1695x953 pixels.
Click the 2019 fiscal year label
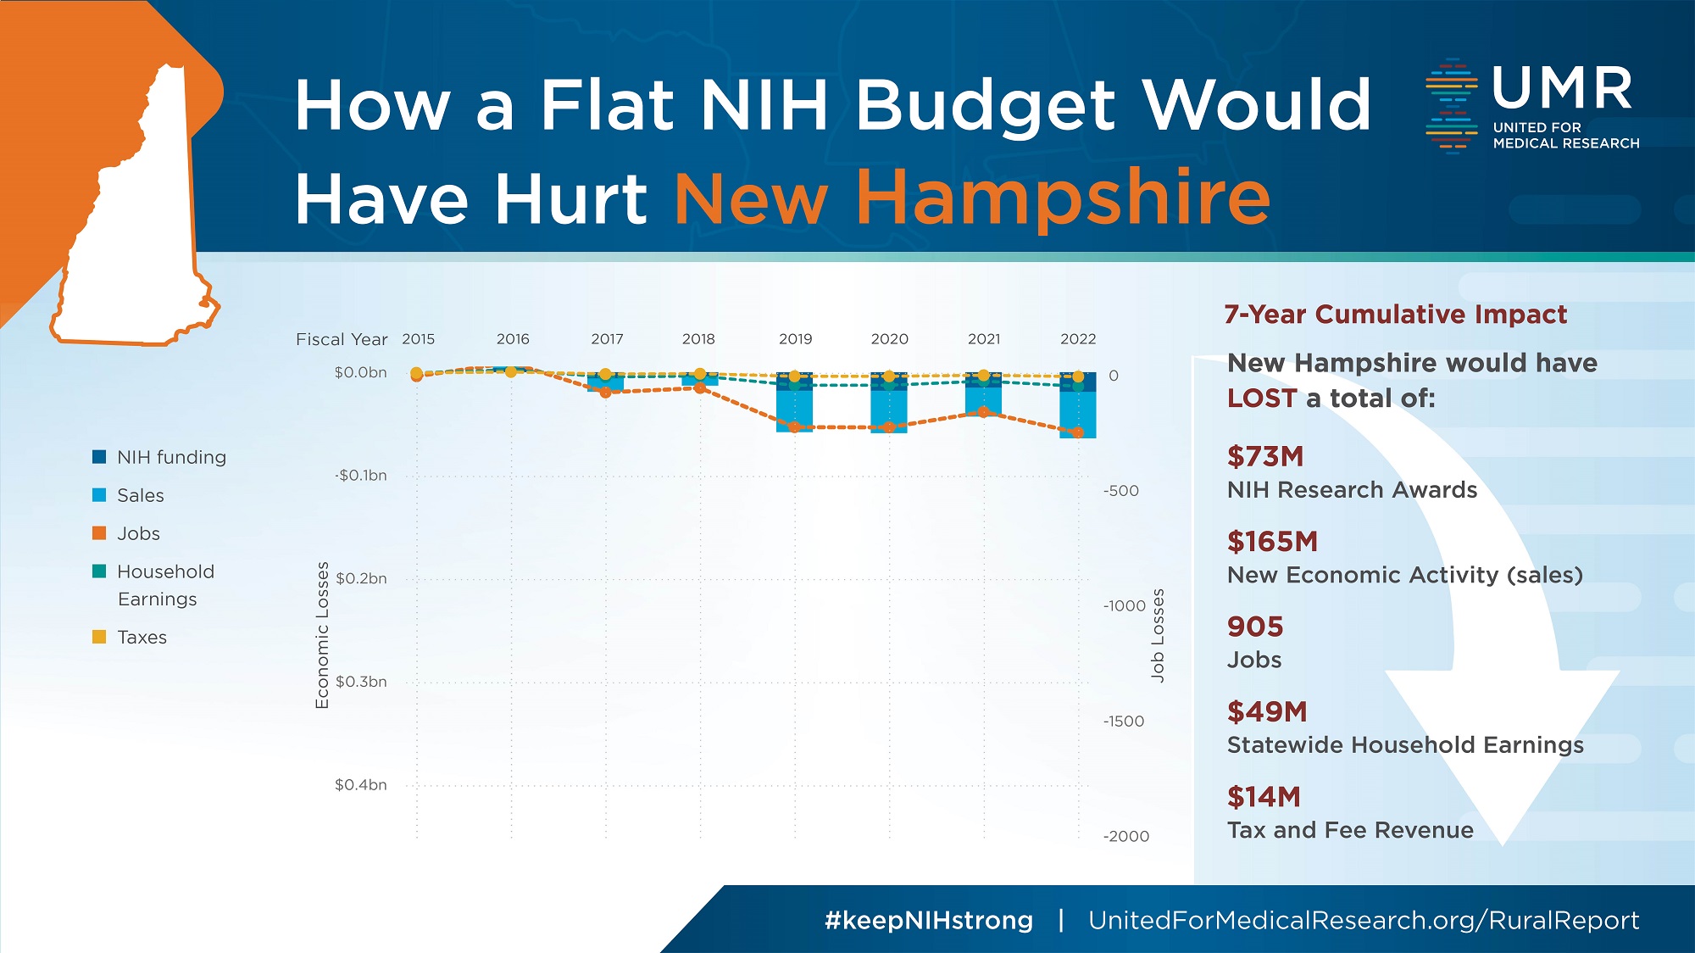point(795,339)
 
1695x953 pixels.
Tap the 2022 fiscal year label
point(1078,339)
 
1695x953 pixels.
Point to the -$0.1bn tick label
point(360,476)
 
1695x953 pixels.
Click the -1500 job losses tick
point(1124,722)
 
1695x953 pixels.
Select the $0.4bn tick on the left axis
point(361,785)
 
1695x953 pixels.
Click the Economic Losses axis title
point(322,635)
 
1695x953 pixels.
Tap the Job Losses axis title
point(1158,635)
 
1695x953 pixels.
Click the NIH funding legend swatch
point(99,457)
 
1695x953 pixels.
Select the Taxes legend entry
point(142,637)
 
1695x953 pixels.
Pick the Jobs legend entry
point(138,533)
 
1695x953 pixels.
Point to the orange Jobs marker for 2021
point(983,412)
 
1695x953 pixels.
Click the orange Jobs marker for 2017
point(605,393)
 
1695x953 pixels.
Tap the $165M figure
point(1272,541)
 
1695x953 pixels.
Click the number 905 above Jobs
point(1255,627)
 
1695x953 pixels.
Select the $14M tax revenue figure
point(1264,797)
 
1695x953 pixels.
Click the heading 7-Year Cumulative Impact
point(1395,315)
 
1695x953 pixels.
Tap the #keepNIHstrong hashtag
point(928,920)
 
